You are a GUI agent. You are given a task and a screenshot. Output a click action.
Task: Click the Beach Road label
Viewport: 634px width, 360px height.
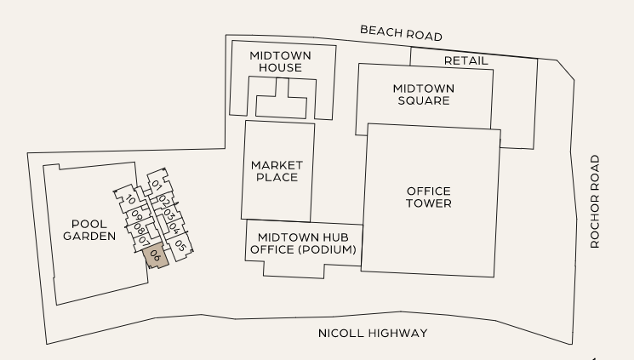click(x=401, y=33)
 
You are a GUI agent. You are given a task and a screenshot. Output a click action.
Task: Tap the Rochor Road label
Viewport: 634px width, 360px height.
click(x=595, y=201)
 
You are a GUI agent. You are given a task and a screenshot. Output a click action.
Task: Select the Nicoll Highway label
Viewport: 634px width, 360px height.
click(x=373, y=333)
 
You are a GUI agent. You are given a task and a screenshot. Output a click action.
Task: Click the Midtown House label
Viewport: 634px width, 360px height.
click(x=280, y=61)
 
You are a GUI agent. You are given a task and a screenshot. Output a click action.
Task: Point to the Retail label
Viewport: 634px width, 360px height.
click(x=466, y=60)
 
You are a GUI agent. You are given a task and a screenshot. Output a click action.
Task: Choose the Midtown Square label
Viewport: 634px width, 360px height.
click(x=423, y=94)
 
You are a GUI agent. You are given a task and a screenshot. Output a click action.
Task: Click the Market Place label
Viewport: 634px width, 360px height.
click(x=274, y=170)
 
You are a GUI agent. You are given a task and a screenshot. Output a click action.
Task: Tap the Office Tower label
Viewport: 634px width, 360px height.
click(x=428, y=197)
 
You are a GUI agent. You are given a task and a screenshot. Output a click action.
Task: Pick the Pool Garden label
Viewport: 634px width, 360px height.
click(x=88, y=230)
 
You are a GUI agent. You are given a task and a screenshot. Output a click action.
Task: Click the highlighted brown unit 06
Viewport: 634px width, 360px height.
click(x=156, y=255)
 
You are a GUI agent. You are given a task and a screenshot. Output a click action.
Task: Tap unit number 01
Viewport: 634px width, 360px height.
click(x=157, y=185)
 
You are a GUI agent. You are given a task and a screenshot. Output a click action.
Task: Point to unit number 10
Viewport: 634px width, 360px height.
click(x=131, y=200)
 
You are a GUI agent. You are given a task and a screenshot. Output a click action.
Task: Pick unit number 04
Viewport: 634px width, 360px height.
click(x=173, y=228)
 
